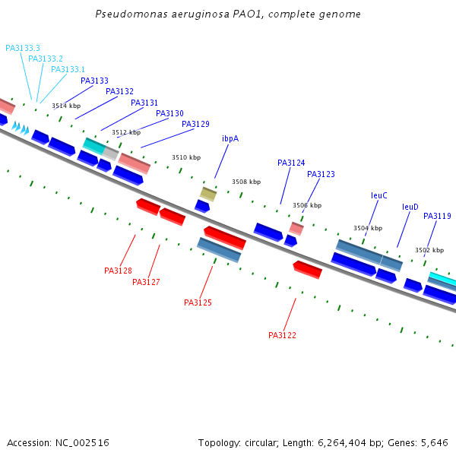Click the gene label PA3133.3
tap(23, 48)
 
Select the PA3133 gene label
tap(94, 81)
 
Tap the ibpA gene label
tap(230, 138)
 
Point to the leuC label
tap(379, 195)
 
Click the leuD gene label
tap(410, 207)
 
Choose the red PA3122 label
tap(282, 335)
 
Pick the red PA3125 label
tap(198, 302)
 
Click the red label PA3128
tap(118, 271)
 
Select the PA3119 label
tap(437, 216)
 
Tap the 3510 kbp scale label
tap(186, 157)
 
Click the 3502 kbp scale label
tap(429, 250)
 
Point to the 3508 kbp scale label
tap(246, 182)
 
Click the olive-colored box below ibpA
tap(208, 195)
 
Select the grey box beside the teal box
tap(110, 154)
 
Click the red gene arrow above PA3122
tap(307, 270)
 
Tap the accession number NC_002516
tap(82, 443)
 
